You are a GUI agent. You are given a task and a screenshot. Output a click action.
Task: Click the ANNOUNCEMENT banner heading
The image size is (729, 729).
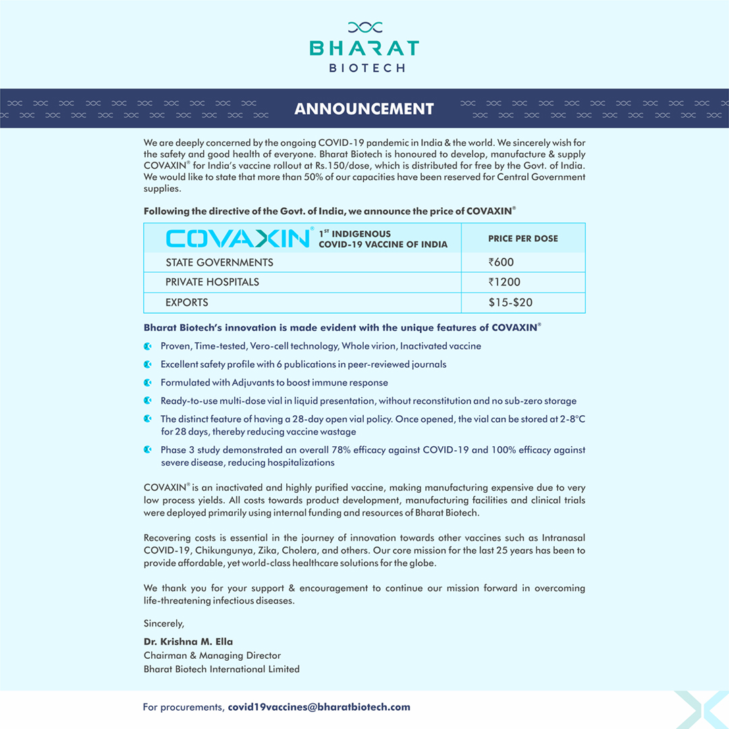[364, 109]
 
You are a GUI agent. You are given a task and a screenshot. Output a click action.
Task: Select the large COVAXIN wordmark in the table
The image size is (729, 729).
[238, 238]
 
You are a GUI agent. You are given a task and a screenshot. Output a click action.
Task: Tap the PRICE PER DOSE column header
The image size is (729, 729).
[523, 238]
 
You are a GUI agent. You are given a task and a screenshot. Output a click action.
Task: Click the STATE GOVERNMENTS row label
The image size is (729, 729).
[219, 262]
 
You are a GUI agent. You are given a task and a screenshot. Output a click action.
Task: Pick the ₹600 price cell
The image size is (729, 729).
[502, 262]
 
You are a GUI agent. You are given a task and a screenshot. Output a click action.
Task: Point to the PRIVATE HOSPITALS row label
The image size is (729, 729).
[212, 282]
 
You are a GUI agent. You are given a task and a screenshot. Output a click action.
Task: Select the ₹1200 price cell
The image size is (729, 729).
[505, 282]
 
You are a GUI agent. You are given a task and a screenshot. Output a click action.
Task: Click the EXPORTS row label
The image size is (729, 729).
[187, 302]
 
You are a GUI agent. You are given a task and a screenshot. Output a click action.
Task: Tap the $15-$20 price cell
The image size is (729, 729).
[511, 302]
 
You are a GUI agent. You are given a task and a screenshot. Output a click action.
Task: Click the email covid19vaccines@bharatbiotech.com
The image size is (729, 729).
[319, 707]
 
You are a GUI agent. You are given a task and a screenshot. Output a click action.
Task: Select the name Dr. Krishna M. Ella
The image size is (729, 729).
[188, 641]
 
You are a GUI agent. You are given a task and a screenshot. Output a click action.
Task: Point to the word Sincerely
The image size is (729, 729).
[164, 623]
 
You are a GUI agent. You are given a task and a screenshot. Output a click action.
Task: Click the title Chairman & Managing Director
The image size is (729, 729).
[212, 655]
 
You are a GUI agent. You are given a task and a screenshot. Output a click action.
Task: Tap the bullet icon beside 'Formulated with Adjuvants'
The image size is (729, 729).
[148, 382]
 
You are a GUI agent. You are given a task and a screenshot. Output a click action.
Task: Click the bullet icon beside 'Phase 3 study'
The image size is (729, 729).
[148, 449]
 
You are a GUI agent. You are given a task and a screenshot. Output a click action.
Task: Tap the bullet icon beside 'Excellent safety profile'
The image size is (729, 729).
[148, 364]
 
